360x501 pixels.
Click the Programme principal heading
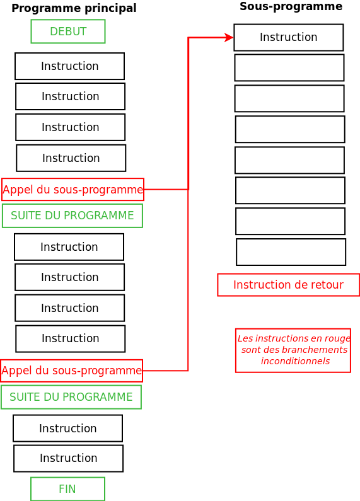click(x=74, y=8)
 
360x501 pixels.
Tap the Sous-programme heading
click(x=291, y=6)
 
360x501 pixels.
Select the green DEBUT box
click(x=68, y=32)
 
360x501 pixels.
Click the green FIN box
click(x=67, y=489)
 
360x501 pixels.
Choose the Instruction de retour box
click(x=288, y=285)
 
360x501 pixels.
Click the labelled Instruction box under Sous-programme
click(x=288, y=37)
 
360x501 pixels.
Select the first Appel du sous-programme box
click(x=73, y=189)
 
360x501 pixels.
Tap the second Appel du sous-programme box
click(x=71, y=371)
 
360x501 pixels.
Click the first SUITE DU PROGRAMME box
click(x=73, y=216)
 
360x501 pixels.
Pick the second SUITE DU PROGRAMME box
click(x=71, y=397)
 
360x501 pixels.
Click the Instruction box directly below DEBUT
click(x=69, y=66)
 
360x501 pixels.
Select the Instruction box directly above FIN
click(x=68, y=458)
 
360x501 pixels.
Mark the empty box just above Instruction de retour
click(x=291, y=252)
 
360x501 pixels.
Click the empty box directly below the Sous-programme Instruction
click(x=289, y=67)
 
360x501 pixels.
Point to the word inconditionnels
click(x=295, y=361)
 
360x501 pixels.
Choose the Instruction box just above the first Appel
click(x=71, y=158)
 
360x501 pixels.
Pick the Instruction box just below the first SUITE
click(x=69, y=247)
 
